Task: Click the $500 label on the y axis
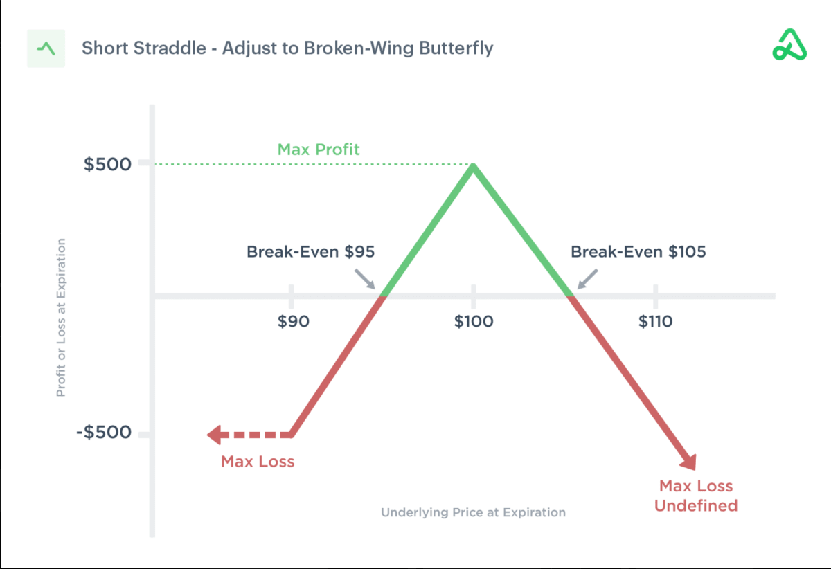click(x=107, y=164)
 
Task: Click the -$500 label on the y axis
click(x=104, y=432)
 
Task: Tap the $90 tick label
click(x=294, y=321)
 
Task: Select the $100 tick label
click(x=474, y=321)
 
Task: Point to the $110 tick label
click(x=655, y=321)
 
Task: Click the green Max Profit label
click(x=319, y=150)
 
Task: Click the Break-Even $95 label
click(x=310, y=251)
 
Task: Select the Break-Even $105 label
click(x=638, y=251)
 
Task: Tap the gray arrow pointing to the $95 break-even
click(x=365, y=279)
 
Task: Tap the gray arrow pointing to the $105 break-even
click(x=588, y=279)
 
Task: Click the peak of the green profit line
click(x=474, y=165)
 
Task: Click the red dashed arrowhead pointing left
click(x=215, y=435)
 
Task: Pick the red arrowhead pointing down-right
click(x=688, y=462)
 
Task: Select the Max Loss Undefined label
click(x=696, y=496)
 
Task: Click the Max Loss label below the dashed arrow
click(x=258, y=462)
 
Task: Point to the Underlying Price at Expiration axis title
click(x=474, y=512)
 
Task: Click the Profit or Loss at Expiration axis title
click(x=61, y=318)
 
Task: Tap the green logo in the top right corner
click(x=789, y=44)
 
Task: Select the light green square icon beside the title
click(x=46, y=48)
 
